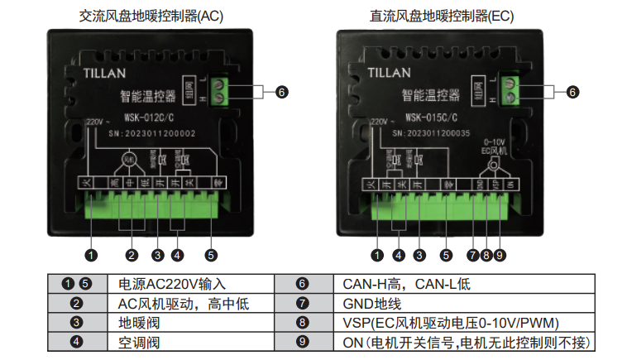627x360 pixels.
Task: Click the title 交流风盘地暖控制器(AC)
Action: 151,15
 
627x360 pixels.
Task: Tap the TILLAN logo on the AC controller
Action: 106,72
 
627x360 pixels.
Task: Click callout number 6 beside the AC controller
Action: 281,92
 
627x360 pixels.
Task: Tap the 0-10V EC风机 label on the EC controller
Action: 494,146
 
